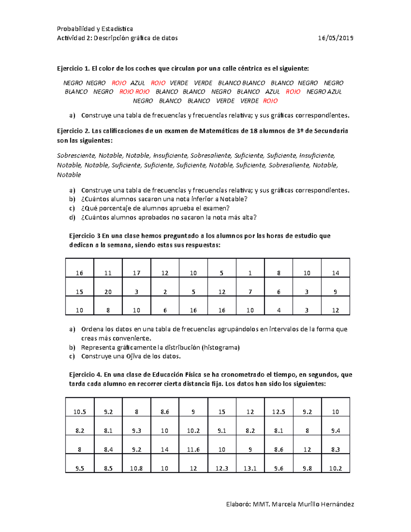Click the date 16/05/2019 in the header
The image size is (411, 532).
tap(336, 38)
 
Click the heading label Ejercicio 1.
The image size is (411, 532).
tap(74, 69)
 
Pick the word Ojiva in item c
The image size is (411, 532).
tap(134, 356)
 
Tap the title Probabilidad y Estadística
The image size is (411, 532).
tap(95, 29)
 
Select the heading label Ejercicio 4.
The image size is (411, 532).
tap(86, 374)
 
